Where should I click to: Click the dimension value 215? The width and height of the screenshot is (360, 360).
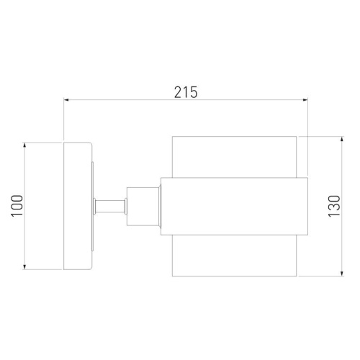186,91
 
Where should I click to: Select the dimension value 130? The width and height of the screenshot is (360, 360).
352,205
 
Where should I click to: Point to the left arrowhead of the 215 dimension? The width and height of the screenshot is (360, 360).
67,102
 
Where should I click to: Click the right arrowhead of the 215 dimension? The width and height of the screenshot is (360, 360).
305,102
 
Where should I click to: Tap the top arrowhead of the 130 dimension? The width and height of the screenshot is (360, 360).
341,137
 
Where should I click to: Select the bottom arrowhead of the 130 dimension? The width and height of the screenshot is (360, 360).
341,274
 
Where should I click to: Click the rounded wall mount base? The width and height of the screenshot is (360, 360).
78,206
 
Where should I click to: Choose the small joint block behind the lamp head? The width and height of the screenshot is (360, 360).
142,206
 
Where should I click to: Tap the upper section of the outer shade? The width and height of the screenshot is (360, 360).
234,155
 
